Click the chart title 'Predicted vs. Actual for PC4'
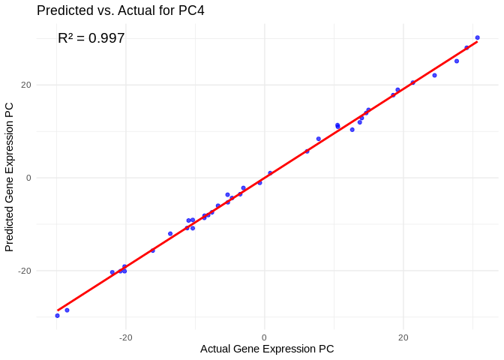click(x=120, y=10)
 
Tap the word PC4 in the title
click(x=190, y=10)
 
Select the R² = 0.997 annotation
click(x=91, y=38)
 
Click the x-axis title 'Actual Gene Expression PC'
click(x=267, y=349)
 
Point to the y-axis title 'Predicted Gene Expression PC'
click(x=10, y=177)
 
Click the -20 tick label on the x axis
click(x=125, y=337)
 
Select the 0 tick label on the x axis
click(x=264, y=337)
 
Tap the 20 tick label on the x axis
click(x=403, y=337)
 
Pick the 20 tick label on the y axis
click(x=26, y=85)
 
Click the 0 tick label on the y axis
click(x=28, y=178)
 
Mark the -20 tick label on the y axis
click(x=25, y=271)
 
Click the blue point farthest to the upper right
click(x=477, y=37)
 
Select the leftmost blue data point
click(x=57, y=316)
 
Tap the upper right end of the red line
click(x=477, y=40)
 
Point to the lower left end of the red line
click(x=57, y=310)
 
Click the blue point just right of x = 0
click(x=270, y=173)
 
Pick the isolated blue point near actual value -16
click(x=153, y=250)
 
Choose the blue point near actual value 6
click(x=307, y=151)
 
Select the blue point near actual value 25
click(x=434, y=75)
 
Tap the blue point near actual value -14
click(x=170, y=234)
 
